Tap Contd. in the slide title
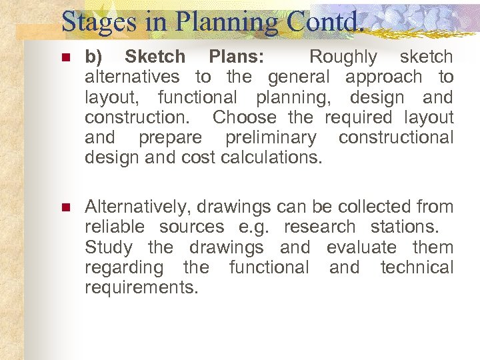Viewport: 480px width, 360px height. (x=327, y=21)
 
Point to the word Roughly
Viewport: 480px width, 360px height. (x=343, y=57)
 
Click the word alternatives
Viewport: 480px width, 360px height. (x=132, y=77)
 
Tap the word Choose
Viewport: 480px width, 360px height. (x=244, y=118)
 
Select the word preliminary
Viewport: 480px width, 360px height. (x=271, y=138)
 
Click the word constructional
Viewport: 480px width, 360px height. (x=396, y=138)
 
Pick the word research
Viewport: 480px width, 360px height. (x=319, y=227)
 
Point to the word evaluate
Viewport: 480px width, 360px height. (x=361, y=247)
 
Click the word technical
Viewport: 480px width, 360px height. (x=417, y=267)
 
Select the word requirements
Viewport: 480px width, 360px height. (x=141, y=288)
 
